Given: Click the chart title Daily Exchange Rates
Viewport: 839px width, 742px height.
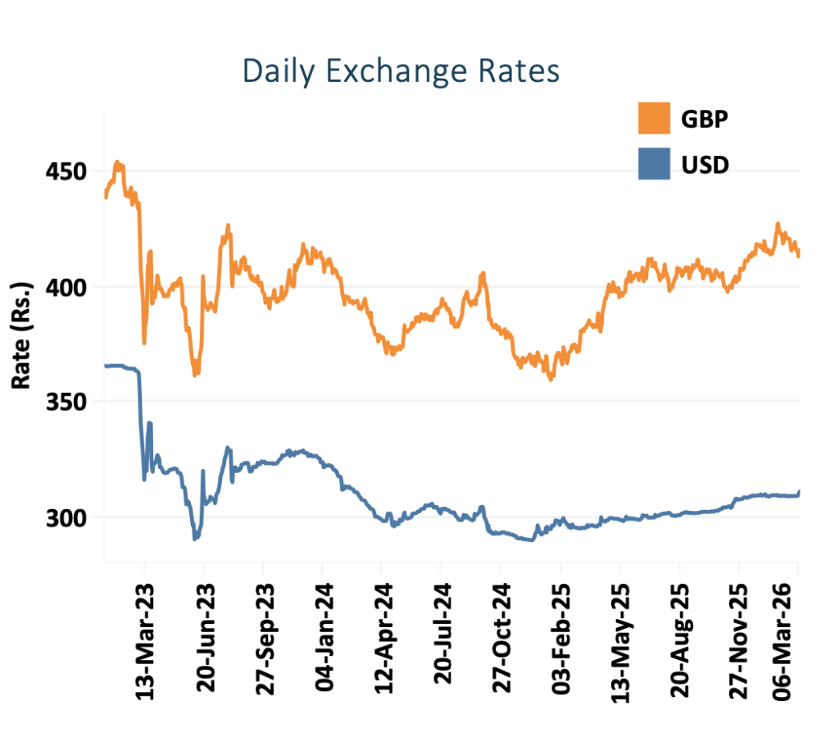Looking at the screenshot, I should click(401, 71).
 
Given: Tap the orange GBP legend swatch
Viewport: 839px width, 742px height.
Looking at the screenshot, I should click(654, 119).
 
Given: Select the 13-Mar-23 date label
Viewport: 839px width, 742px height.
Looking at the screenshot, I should click(146, 639).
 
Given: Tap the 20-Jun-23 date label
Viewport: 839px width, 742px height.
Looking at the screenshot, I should click(205, 639).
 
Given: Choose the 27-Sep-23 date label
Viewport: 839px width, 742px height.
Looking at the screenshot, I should click(264, 639).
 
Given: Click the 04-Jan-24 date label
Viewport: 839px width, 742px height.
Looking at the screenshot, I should click(324, 639).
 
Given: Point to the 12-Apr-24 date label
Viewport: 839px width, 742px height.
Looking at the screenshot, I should click(383, 639).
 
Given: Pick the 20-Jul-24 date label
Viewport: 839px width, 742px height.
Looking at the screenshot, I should click(442, 639).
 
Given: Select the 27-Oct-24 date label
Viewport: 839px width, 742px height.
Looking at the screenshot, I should click(501, 639).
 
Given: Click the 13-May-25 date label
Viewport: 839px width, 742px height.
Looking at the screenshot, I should click(620, 639).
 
